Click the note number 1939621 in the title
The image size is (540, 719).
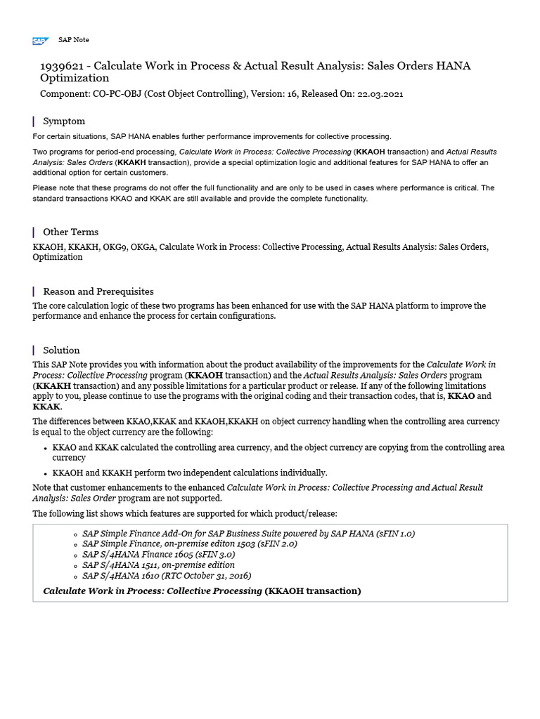point(63,66)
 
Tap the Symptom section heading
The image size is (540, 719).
point(64,121)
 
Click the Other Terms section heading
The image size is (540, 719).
point(70,232)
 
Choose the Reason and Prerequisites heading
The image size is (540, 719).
point(98,291)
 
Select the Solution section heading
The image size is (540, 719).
point(61,350)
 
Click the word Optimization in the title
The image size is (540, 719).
point(75,79)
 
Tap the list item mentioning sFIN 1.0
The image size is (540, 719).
point(248,534)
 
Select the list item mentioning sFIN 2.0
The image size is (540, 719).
point(190,544)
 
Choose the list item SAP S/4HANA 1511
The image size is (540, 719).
point(158,565)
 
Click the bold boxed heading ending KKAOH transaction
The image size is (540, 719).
point(202,591)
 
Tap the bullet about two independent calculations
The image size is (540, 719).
point(190,473)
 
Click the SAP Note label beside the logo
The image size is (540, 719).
point(73,40)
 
